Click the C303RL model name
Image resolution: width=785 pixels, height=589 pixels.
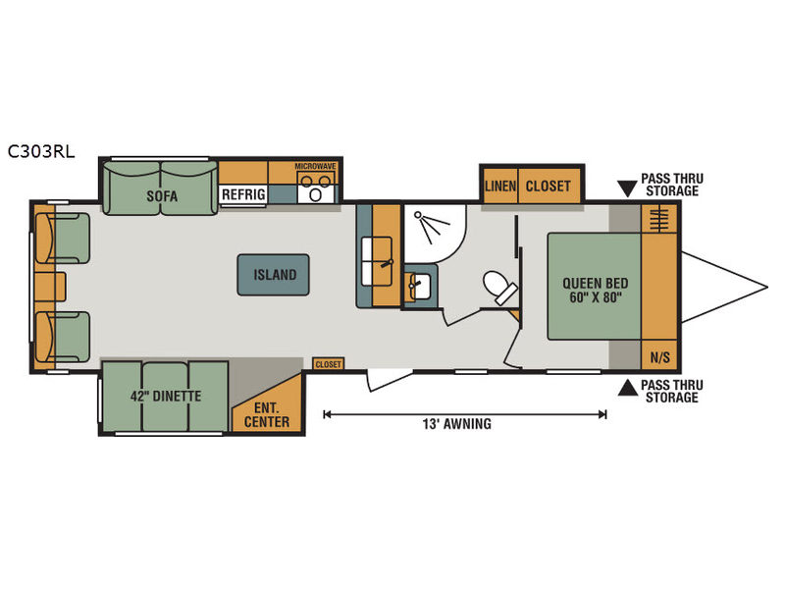pyautogui.click(x=41, y=151)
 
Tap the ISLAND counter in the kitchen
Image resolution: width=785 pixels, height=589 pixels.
pyautogui.click(x=274, y=275)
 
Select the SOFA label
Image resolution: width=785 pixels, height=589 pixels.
pyautogui.click(x=162, y=195)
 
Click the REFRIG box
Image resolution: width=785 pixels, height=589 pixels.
pyautogui.click(x=243, y=194)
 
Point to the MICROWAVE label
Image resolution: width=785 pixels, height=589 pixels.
pyautogui.click(x=315, y=166)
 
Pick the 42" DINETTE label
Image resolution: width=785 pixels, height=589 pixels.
pyautogui.click(x=166, y=397)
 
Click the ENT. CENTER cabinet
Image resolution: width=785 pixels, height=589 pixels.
pyautogui.click(x=268, y=403)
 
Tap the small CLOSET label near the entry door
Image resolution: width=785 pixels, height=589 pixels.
pyautogui.click(x=329, y=364)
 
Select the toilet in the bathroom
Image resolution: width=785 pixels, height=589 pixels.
pyautogui.click(x=500, y=288)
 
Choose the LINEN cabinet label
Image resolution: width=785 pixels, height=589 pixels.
pyautogui.click(x=500, y=187)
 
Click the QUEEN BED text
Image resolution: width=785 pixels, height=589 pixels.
pyautogui.click(x=596, y=283)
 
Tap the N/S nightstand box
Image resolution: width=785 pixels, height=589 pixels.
pyautogui.click(x=659, y=356)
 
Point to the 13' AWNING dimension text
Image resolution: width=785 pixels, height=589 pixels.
pyautogui.click(x=456, y=424)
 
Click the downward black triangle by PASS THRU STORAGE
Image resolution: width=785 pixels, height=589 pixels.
pyautogui.click(x=627, y=188)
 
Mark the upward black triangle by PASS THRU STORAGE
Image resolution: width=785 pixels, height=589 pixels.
pyautogui.click(x=627, y=388)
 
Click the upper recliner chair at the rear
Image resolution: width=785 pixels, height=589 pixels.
pyautogui.click(x=63, y=239)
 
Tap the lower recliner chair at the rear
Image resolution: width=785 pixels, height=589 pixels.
pyautogui.click(x=63, y=337)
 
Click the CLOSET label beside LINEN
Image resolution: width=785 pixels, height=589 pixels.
pyautogui.click(x=548, y=187)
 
